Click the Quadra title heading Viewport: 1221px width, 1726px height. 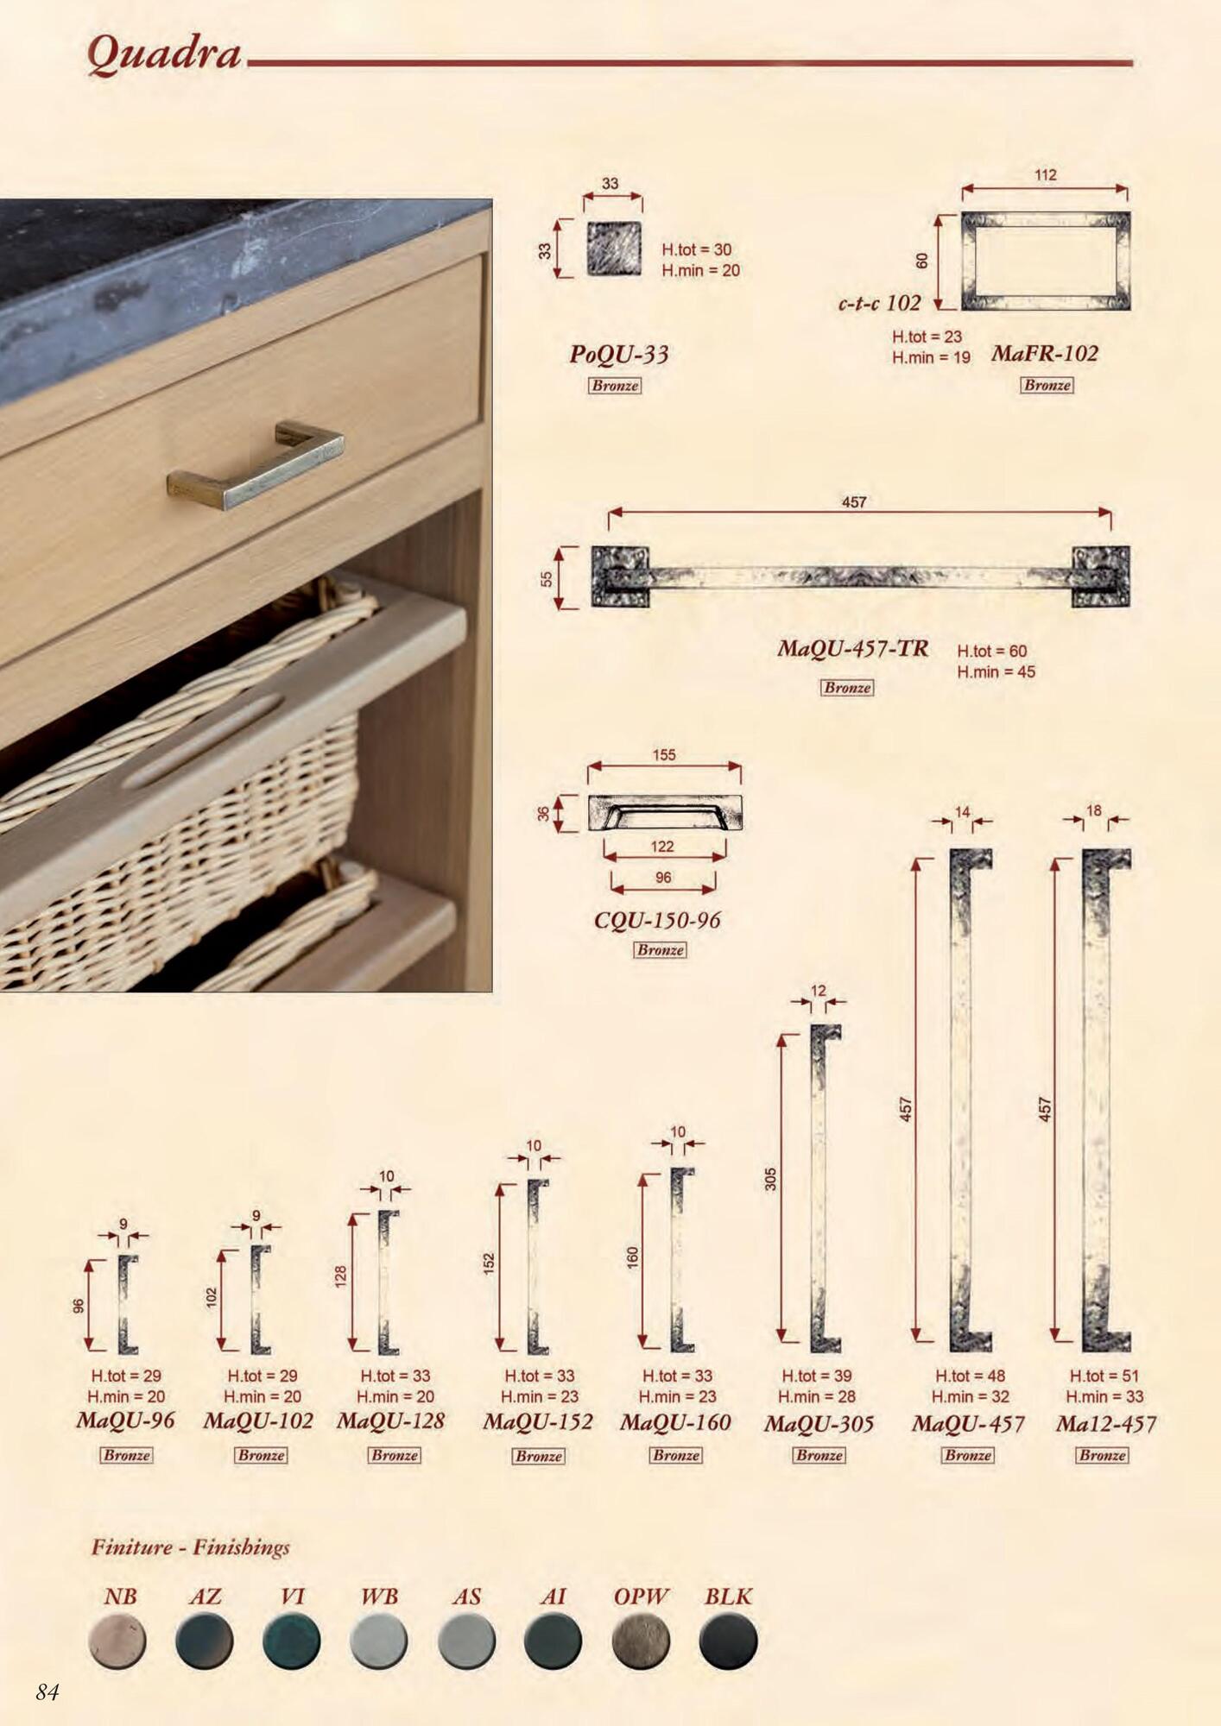[163, 54]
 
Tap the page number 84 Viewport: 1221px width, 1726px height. [47, 1691]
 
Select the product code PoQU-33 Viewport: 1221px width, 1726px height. [618, 355]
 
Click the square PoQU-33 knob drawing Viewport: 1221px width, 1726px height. [614, 249]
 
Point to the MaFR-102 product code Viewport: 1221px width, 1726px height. [1045, 353]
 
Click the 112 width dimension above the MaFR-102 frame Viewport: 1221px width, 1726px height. [1045, 175]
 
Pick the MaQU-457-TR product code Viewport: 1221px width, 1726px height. [852, 648]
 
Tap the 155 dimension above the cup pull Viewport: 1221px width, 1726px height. [664, 755]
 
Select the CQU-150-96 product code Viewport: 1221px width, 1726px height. [657, 921]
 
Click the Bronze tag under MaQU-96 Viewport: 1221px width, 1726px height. [127, 1455]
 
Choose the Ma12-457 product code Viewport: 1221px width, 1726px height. [1105, 1424]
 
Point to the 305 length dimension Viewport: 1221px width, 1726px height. [770, 1179]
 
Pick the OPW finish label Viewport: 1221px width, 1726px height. [641, 1597]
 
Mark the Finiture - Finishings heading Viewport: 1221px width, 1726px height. [191, 1546]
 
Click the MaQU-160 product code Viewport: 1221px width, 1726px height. [675, 1422]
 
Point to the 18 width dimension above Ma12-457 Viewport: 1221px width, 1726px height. [1094, 811]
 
